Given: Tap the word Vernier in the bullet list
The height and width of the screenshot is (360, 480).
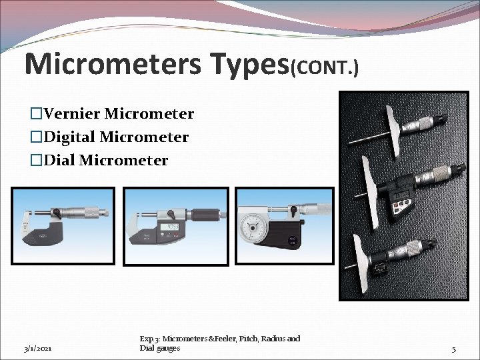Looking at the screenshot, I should [x=72, y=114].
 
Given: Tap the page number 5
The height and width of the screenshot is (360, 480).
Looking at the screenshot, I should [x=453, y=349].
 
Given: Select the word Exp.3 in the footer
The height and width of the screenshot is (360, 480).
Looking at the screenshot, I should [x=149, y=339].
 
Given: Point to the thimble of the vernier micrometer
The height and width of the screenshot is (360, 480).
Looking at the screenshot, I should [x=86, y=213].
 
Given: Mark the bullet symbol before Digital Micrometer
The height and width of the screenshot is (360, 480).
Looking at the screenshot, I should [x=37, y=137].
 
